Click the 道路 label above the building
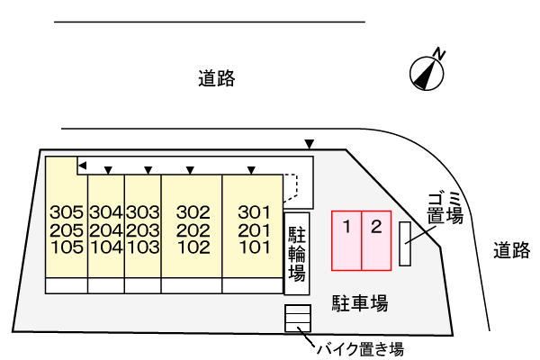[x=217, y=79]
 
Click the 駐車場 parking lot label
[x=358, y=304]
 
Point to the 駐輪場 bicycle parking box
[x=297, y=254]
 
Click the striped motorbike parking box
[x=298, y=319]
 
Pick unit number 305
[x=67, y=213]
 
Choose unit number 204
[x=105, y=229]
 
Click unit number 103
[x=142, y=246]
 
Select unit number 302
[x=192, y=213]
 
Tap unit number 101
[x=254, y=246]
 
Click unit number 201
[x=254, y=229]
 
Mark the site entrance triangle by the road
[x=310, y=144]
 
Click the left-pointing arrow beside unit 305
[x=81, y=166]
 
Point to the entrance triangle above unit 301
[x=252, y=169]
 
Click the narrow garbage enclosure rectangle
[x=405, y=243]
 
